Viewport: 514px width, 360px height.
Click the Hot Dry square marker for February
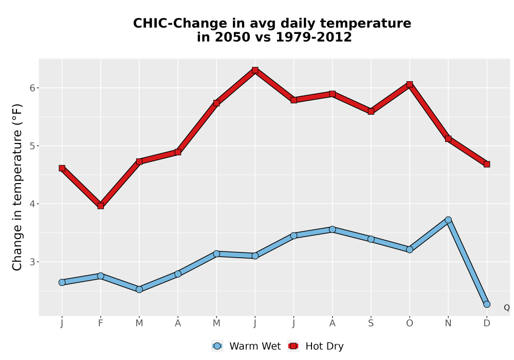tap(101, 206)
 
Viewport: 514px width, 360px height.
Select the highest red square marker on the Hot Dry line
tap(255, 70)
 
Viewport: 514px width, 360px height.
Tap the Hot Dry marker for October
tap(410, 84)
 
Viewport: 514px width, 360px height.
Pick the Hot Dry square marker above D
tap(487, 164)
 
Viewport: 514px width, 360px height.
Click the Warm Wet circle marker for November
tap(448, 220)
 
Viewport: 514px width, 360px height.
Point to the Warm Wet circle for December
tap(487, 304)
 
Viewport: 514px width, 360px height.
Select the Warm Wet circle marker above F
tap(101, 276)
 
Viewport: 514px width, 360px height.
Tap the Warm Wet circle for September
tap(371, 239)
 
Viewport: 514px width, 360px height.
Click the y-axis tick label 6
tap(32, 88)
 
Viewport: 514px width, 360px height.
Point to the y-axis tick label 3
tap(32, 262)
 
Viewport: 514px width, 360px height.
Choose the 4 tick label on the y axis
tap(32, 204)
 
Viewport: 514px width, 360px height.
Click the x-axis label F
tap(101, 323)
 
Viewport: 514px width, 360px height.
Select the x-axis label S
tap(371, 323)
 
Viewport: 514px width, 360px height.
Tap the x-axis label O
tap(410, 323)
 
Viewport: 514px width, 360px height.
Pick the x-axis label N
tap(448, 323)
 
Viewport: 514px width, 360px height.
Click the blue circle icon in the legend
tap(217, 346)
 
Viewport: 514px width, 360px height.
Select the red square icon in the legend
tap(293, 346)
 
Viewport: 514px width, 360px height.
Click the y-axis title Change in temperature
tap(17, 187)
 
